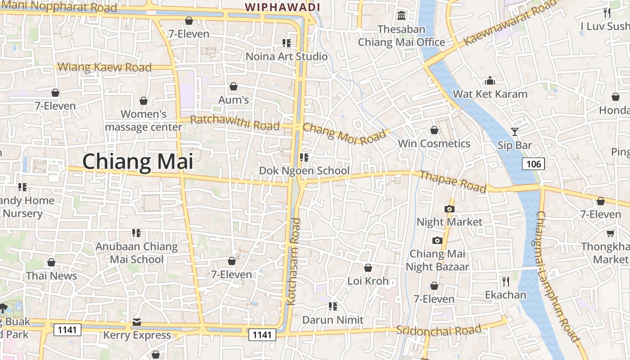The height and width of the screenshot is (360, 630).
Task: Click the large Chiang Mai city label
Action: pos(138,162)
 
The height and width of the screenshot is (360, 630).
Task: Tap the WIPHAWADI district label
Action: pos(282,7)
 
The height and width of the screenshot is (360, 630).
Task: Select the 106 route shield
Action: pos(534,164)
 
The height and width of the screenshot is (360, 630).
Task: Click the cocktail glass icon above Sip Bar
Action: pos(515,132)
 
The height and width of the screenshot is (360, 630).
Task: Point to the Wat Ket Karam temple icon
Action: pos(490,81)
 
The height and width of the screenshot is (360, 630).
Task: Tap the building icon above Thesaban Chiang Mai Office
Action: pos(401,16)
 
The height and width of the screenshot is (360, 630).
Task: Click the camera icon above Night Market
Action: pos(449,209)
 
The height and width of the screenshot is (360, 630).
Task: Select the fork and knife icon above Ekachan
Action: pos(506,282)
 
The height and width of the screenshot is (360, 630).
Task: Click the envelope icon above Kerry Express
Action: pos(137,322)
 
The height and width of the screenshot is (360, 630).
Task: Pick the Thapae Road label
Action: pos(453,181)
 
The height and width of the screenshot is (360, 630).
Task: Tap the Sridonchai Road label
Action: pos(439,330)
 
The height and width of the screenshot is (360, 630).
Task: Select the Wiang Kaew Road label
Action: pos(104,67)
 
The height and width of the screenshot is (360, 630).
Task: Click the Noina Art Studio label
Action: pos(286,56)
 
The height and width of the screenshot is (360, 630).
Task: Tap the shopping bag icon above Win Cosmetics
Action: pos(434,130)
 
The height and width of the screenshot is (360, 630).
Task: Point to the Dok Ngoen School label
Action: pos(304,171)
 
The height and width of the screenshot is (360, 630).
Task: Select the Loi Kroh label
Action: pos(368,281)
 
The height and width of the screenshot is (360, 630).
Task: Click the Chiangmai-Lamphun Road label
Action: pos(557,277)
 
